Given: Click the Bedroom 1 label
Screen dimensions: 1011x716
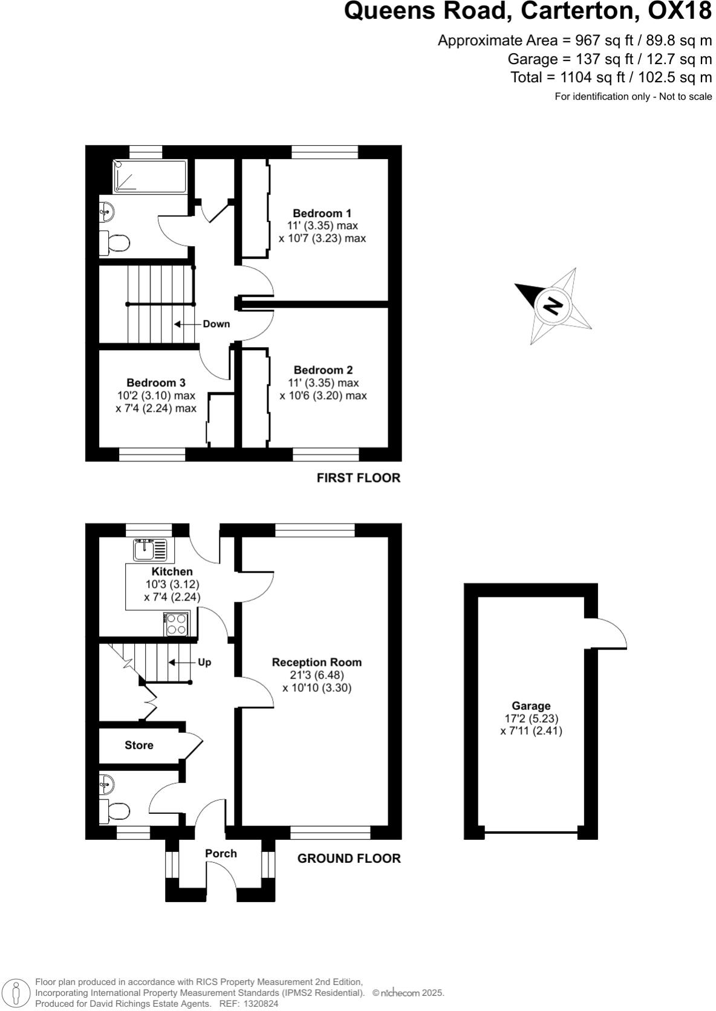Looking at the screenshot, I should point(322,213).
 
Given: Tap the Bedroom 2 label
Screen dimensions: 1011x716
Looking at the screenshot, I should point(323,370).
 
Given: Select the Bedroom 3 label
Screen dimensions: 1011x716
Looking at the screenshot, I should point(155,383).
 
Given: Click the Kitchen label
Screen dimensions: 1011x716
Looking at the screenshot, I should point(172,571).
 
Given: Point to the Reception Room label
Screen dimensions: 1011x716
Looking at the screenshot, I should point(316,662).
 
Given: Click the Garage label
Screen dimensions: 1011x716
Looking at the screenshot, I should point(531,706).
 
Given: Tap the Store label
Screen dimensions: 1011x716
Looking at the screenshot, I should point(139,745).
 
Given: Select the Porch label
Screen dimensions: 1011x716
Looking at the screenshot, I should point(221,853).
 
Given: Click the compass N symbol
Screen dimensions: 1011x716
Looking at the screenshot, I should point(552,305).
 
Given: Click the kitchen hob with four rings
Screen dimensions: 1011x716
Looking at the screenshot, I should point(177,624).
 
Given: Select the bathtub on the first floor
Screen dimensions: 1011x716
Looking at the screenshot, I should point(150,176).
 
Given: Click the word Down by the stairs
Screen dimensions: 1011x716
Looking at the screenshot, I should point(216,324).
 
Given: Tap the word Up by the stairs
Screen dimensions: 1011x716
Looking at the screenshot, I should point(204,662).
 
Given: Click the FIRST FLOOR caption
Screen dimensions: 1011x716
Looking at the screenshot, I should point(358,478).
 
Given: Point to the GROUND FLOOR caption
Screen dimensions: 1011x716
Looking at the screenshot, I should point(349,858).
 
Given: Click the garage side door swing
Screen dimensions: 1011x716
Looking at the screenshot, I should point(610,634).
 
